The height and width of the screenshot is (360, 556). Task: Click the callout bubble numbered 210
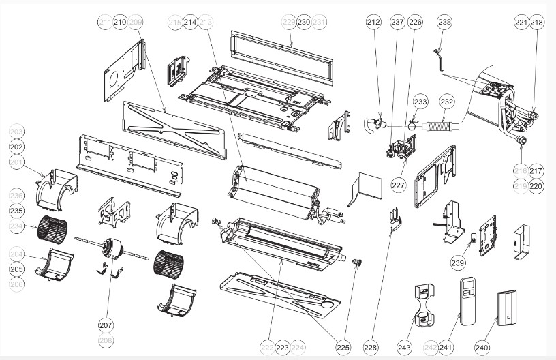pos(121,22)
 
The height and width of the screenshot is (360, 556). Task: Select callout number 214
pos(190,22)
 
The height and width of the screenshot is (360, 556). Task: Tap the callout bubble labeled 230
pos(304,22)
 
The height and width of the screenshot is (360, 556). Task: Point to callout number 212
pos(373,22)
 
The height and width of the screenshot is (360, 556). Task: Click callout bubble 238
pos(445,22)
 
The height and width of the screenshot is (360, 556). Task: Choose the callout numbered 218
pos(537,22)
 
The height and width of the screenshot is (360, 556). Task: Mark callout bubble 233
pos(420,102)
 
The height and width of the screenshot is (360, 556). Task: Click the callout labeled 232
pos(447,102)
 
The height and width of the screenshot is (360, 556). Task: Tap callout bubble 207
pos(106,325)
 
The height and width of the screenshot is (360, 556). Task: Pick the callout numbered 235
pos(16,211)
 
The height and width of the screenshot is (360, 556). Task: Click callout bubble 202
pos(16,146)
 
